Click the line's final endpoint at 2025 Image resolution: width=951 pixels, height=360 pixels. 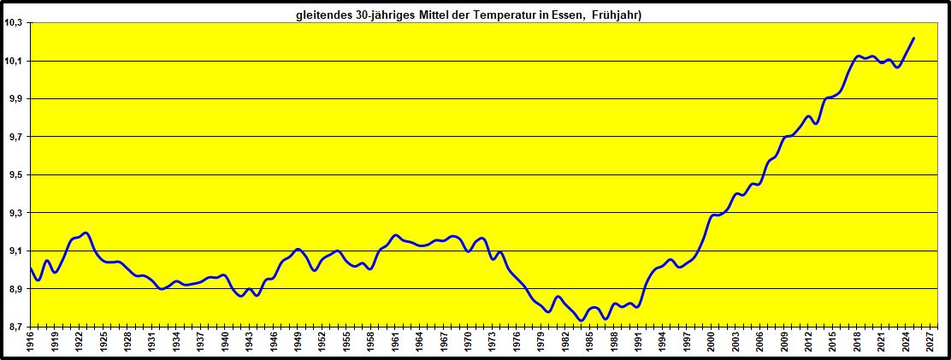point(914,38)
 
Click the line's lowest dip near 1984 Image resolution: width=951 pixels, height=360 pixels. point(582,321)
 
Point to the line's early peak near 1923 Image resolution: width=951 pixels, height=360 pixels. point(86,233)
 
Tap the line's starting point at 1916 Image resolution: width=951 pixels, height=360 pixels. point(30,268)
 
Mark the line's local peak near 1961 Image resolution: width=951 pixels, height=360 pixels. point(395,235)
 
